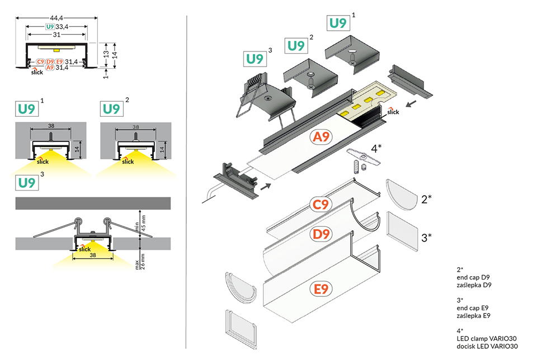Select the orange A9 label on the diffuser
322,137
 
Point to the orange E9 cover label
321,290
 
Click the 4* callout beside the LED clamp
376,149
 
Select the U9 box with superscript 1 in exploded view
338,23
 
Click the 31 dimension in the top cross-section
57,35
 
